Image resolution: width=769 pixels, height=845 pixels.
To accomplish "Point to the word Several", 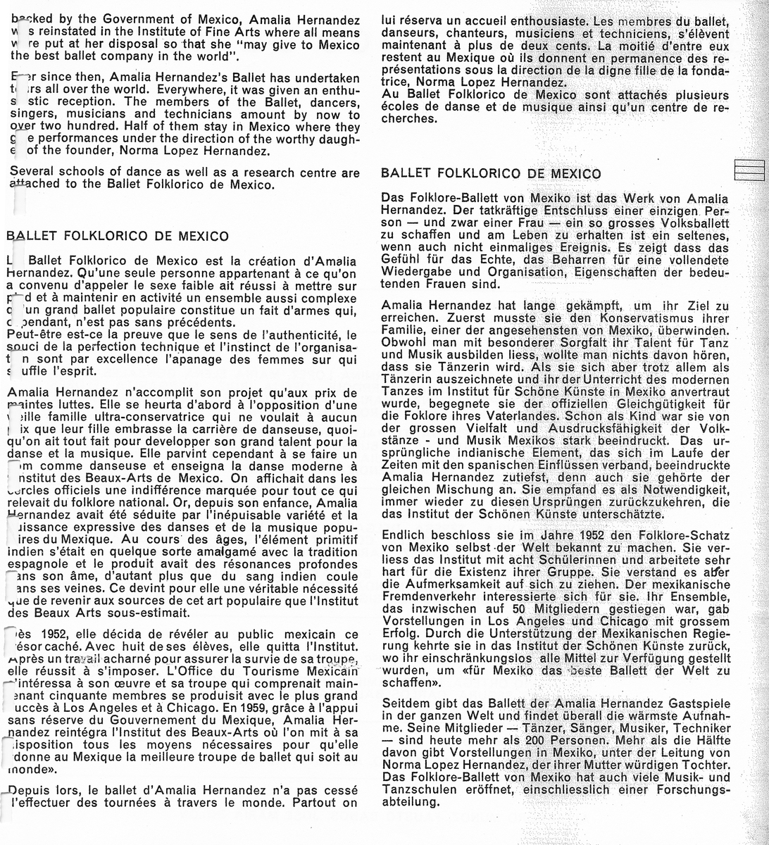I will tap(31, 173).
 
